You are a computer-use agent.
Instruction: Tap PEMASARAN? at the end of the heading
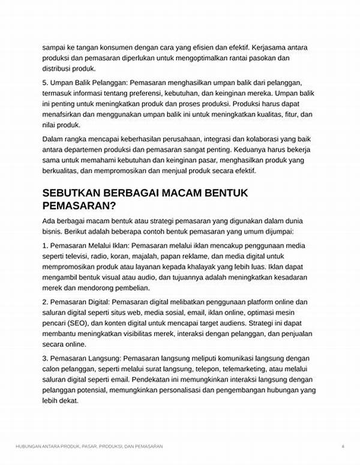tap(80, 206)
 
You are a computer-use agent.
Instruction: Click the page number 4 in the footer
tap(343, 446)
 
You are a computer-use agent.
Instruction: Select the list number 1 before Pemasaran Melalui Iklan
tap(45, 245)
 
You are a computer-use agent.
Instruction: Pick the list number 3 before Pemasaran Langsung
tap(45, 358)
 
